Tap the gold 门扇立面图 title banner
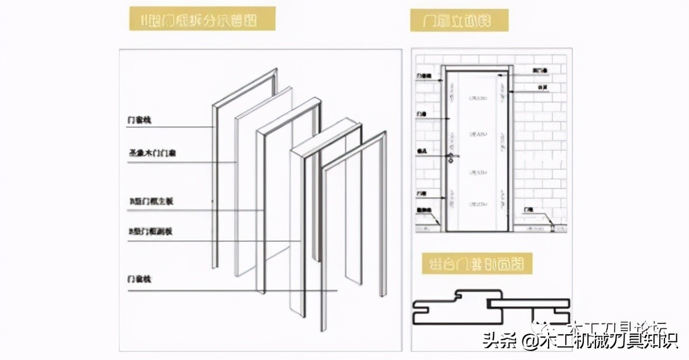[459, 20]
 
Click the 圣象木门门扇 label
[152, 154]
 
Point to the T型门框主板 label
[151, 202]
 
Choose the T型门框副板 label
[151, 231]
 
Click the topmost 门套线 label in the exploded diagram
[139, 121]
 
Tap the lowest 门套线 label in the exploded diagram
[139, 280]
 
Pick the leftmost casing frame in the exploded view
[216, 180]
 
